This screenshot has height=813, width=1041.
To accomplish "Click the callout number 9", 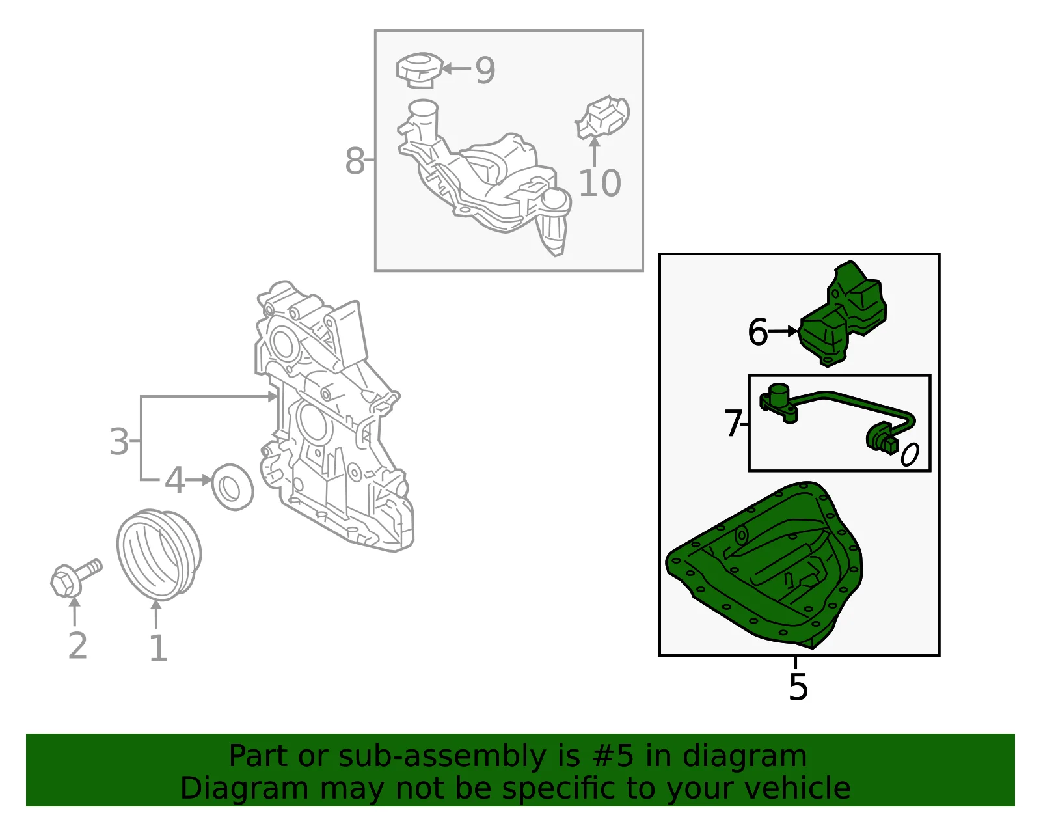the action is coord(485,70).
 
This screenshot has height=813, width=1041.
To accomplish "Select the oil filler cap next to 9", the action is coord(419,71).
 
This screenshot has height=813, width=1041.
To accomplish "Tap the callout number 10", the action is coord(600,183).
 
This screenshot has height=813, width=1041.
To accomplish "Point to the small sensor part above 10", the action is coord(602,117).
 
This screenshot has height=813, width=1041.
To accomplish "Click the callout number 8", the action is coord(355,161).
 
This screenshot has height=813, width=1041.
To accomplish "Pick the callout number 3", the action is coord(119,441).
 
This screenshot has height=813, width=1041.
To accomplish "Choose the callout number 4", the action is coord(174,480).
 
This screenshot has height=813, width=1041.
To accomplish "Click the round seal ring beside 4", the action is coord(232,487).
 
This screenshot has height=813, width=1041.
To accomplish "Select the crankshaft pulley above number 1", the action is coord(159,555).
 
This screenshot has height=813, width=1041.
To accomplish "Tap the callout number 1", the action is coord(159,648).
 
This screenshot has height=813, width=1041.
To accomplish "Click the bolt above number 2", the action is coord(76,578).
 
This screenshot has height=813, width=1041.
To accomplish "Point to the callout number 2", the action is coord(77,645).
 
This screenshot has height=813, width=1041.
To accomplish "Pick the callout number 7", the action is coord(733,424).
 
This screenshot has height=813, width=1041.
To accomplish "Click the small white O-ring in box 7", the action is coord(910,454).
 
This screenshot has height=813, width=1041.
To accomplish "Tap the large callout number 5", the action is coord(798,687).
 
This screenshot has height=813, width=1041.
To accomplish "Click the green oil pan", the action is coord(764,565).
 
